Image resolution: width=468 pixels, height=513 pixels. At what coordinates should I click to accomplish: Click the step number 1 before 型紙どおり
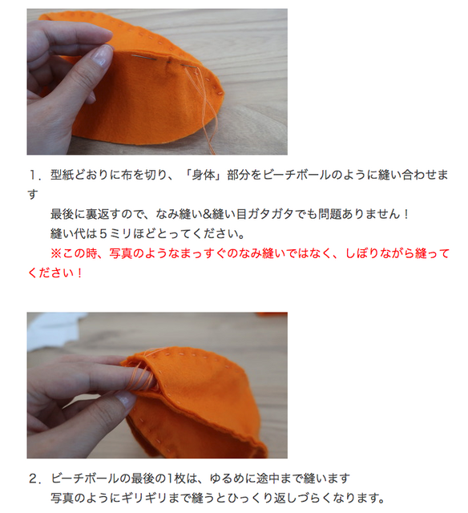point(34,174)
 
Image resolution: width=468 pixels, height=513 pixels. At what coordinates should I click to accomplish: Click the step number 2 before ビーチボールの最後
point(34,479)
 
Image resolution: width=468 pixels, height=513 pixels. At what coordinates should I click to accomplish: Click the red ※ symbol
point(56,253)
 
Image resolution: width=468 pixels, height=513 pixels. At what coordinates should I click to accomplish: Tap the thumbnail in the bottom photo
point(124,398)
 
